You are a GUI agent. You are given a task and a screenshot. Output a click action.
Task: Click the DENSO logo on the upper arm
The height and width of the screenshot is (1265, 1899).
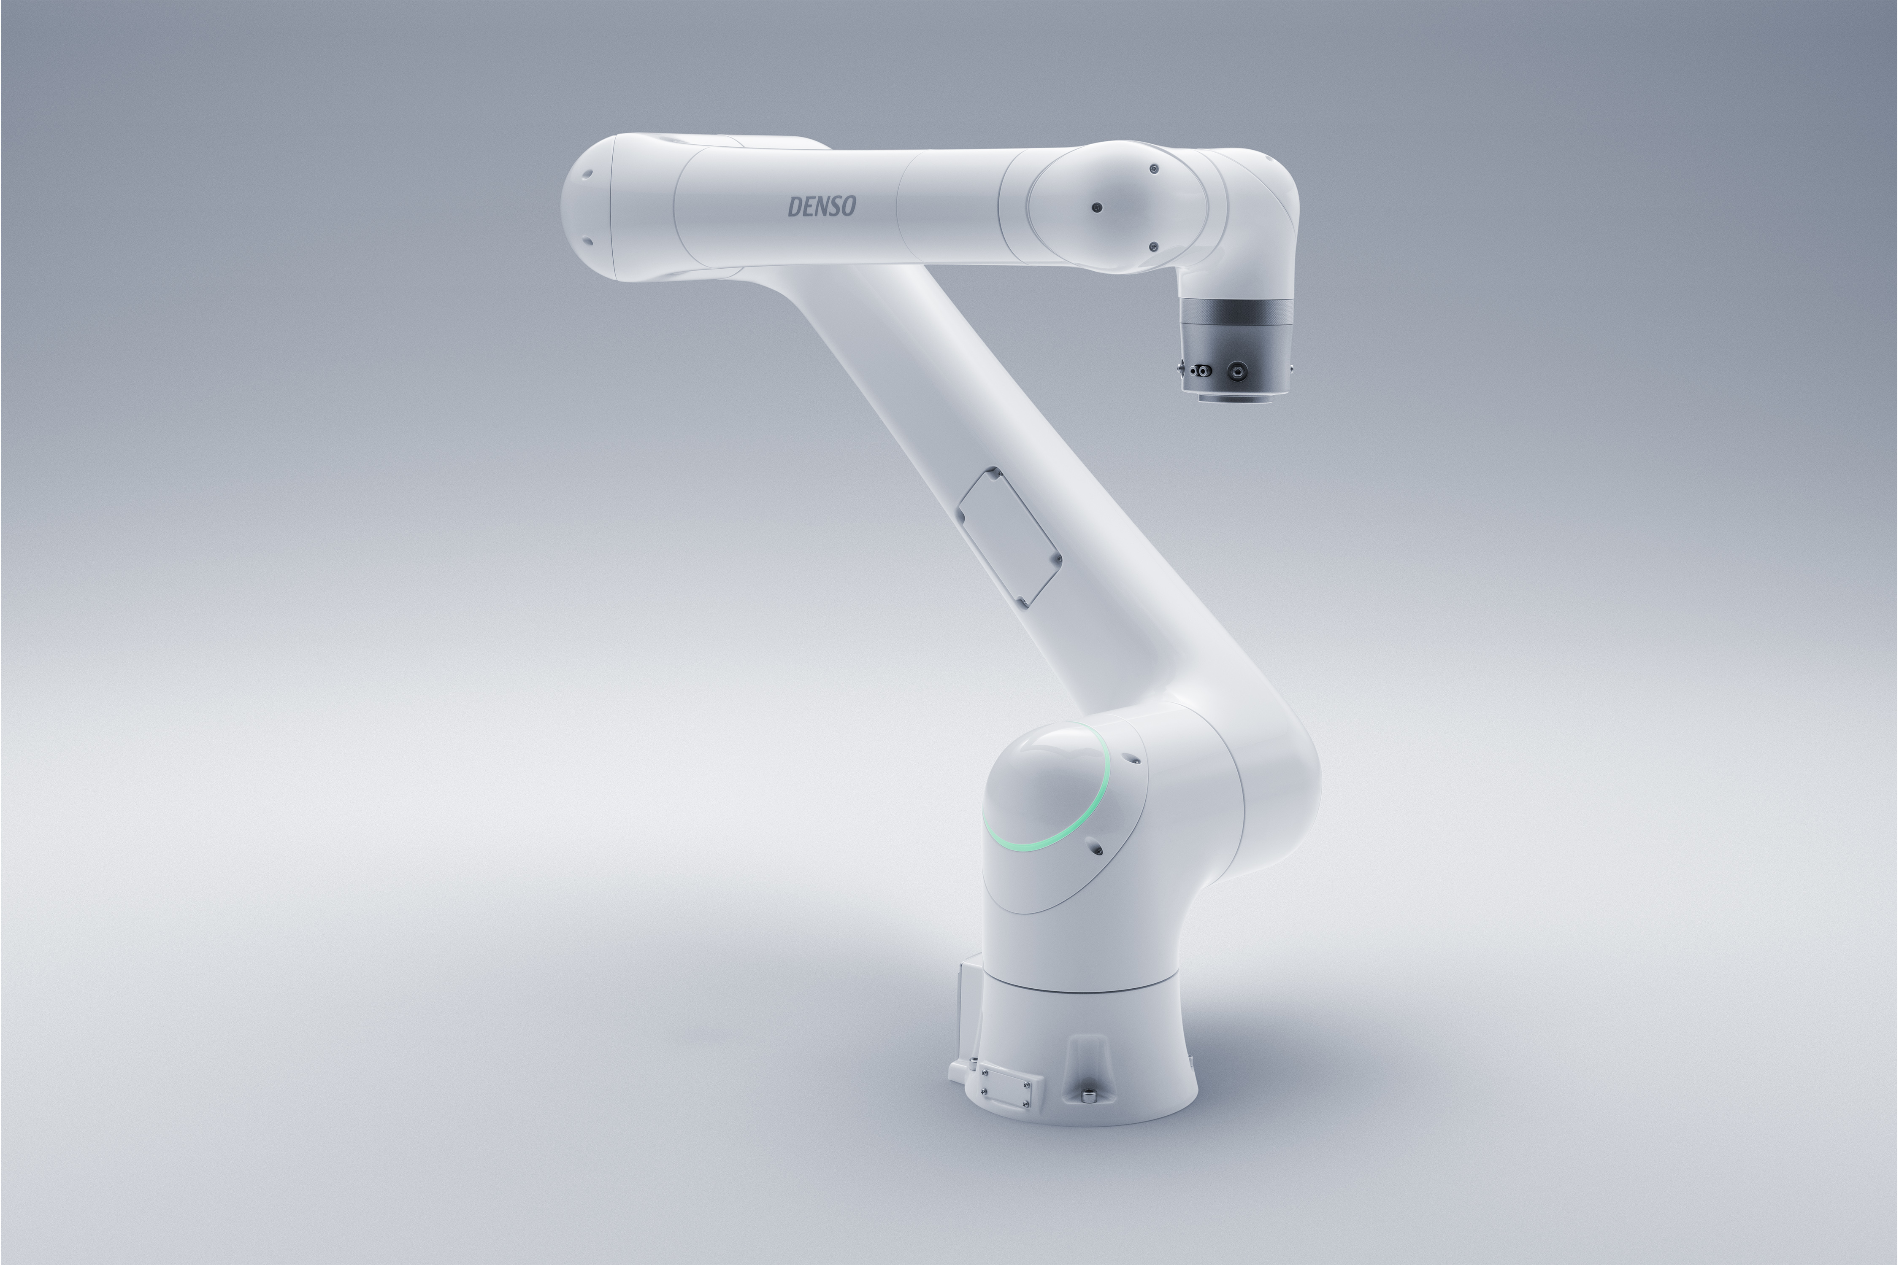tap(822, 207)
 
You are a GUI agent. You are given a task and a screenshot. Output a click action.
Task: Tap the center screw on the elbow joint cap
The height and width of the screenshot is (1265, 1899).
tap(1096, 208)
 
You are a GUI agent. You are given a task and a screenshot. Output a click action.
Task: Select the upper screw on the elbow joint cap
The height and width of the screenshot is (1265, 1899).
tap(1154, 169)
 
